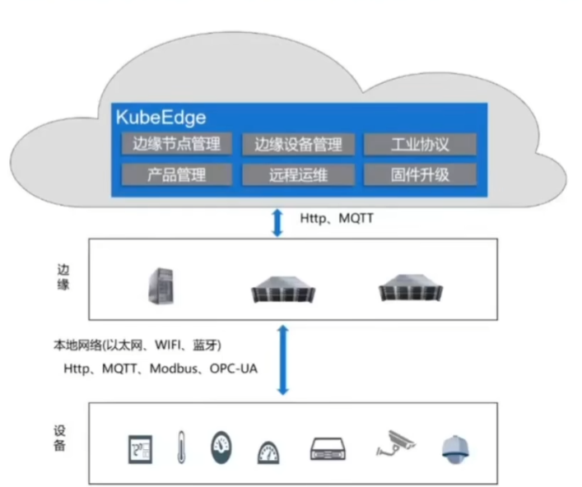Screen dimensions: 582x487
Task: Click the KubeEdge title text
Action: click(x=161, y=118)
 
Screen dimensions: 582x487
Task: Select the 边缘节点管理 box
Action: click(x=177, y=143)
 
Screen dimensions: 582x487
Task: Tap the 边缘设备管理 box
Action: click(x=299, y=144)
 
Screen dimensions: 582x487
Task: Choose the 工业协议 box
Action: click(x=420, y=144)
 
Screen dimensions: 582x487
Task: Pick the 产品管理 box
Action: click(x=177, y=174)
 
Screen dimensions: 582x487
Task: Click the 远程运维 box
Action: click(x=299, y=174)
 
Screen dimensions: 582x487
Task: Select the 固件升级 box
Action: click(x=420, y=174)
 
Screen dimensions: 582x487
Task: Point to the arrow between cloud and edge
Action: click(x=277, y=223)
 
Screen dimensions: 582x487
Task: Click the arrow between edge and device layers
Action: click(x=283, y=359)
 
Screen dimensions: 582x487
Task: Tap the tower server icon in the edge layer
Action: click(x=161, y=285)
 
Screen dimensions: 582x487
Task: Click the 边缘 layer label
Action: click(x=63, y=276)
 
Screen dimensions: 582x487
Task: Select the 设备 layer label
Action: click(x=60, y=438)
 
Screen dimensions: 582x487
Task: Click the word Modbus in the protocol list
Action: click(x=174, y=369)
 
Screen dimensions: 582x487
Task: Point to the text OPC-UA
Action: click(x=234, y=369)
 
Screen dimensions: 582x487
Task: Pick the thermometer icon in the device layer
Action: click(x=181, y=447)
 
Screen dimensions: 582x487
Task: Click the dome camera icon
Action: click(x=455, y=449)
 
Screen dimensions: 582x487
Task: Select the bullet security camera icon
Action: click(x=395, y=443)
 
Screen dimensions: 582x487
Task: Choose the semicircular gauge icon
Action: click(x=268, y=452)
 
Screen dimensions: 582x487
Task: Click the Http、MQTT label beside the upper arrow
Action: click(x=337, y=218)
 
